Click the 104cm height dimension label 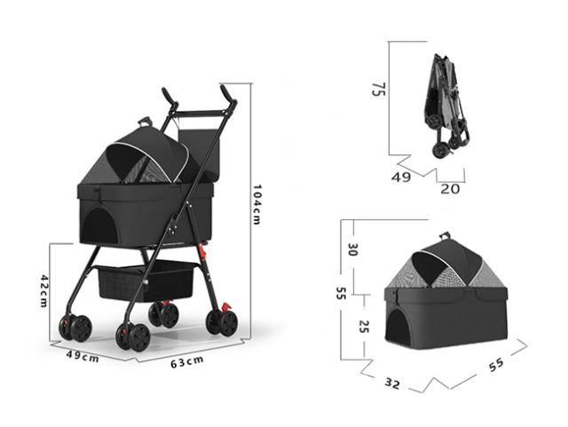coord(256,205)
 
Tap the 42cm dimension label coord(43,291)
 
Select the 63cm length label coord(187,362)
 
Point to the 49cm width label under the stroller coord(83,356)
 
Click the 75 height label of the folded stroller coord(379,89)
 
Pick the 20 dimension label coord(450,189)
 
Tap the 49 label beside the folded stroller coord(401,178)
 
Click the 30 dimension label coord(352,249)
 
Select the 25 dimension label coord(363,326)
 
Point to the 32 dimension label coord(392,384)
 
